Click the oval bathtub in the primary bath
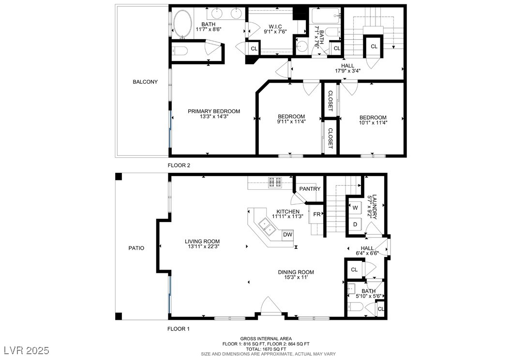click(183, 25)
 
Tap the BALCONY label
click(145, 82)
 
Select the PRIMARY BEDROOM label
click(214, 111)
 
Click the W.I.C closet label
click(275, 27)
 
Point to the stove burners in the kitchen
click(275, 182)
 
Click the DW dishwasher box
click(287, 235)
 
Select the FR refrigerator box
click(316, 214)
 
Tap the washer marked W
click(355, 208)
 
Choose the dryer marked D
click(355, 224)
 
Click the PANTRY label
click(310, 189)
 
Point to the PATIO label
click(136, 248)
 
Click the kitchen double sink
click(268, 226)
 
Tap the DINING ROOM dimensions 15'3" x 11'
click(296, 278)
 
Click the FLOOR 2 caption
click(179, 165)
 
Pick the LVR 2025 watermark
click(27, 350)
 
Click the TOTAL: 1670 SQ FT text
click(266, 349)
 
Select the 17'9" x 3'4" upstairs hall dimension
click(348, 71)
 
